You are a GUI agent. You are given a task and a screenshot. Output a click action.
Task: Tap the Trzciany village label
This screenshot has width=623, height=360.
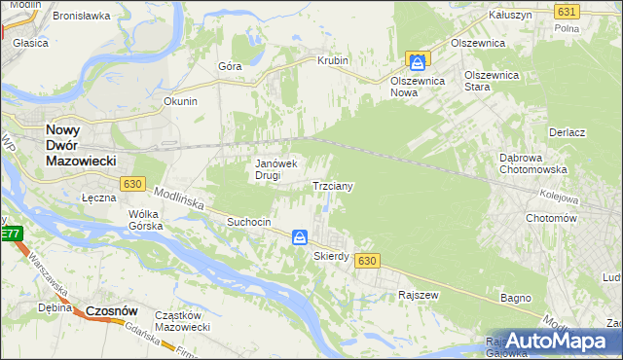(332, 185)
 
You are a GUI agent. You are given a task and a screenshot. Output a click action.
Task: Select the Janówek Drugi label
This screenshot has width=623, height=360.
(275, 169)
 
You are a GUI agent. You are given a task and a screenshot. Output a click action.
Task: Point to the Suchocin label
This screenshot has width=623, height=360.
(248, 222)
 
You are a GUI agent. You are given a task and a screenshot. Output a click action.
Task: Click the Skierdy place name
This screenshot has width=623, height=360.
(331, 256)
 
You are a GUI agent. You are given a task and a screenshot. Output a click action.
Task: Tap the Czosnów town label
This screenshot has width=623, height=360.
(108, 310)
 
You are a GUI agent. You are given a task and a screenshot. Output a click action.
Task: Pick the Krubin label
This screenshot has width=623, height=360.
(332, 60)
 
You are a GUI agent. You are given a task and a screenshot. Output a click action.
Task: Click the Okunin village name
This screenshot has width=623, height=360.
(181, 101)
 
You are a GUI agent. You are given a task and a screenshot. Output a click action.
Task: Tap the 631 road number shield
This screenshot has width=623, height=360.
(567, 11)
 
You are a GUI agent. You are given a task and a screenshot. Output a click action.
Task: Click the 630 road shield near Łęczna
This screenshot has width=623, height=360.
(133, 183)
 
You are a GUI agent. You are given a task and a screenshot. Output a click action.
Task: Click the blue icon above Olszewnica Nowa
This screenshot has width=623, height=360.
(417, 62)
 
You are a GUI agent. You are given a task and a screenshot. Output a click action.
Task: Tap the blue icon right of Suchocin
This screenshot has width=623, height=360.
(300, 236)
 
